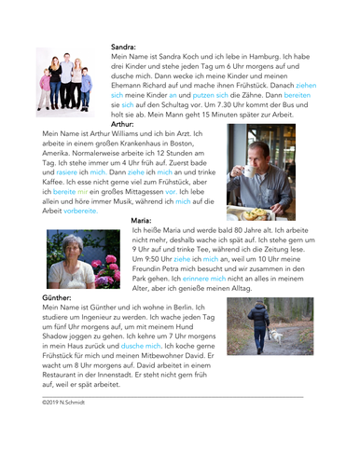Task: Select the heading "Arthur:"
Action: [123, 123]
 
